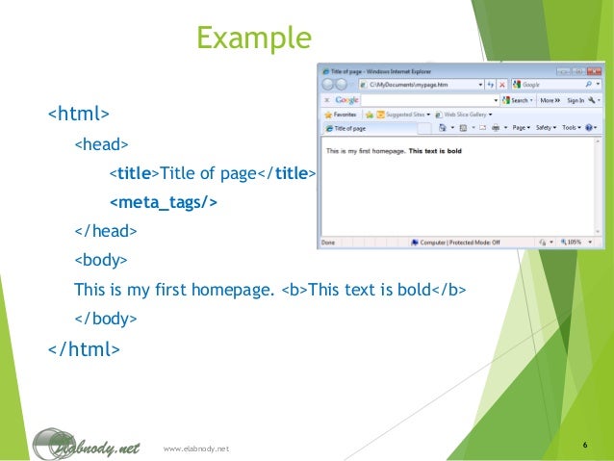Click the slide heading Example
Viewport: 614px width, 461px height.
click(x=254, y=38)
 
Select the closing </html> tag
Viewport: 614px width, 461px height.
click(x=84, y=347)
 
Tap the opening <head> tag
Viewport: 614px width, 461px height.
click(x=101, y=145)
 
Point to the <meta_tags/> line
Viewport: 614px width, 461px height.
click(x=164, y=202)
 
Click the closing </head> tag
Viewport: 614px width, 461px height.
click(x=105, y=231)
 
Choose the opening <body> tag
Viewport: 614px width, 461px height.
click(x=101, y=260)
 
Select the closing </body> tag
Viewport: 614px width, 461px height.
click(x=105, y=318)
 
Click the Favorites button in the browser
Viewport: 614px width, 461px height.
click(x=342, y=114)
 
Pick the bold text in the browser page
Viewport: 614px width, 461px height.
click(x=439, y=151)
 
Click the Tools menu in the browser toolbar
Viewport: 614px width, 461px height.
click(x=572, y=128)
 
